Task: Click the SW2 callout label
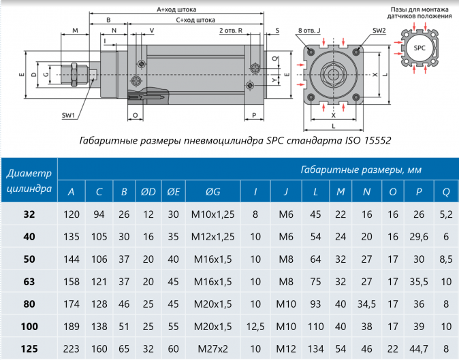(379, 31)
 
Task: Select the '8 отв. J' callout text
(314, 31)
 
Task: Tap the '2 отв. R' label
(232, 31)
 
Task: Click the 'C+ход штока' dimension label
(195, 20)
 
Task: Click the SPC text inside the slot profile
(420, 48)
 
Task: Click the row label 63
(29, 282)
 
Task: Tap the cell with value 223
(72, 348)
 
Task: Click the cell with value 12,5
(255, 326)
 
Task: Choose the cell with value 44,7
(417, 348)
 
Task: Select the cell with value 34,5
(367, 304)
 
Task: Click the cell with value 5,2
(446, 215)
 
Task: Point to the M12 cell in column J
(286, 348)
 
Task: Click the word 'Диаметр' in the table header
(29, 173)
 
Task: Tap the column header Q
(446, 192)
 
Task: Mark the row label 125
(29, 348)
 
